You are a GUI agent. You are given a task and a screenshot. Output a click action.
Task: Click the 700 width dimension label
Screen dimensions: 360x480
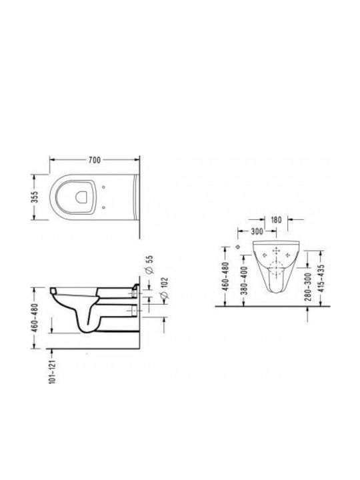[x=95, y=160]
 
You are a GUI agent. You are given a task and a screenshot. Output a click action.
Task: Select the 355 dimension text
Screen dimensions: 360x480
[x=35, y=197]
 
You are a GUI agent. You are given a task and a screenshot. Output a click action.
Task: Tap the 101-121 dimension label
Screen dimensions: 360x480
[x=53, y=371]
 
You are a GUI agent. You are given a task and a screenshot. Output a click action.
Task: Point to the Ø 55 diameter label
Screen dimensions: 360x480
[x=149, y=264]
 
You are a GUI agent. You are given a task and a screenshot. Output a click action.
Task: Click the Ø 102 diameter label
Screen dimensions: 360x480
[x=164, y=288]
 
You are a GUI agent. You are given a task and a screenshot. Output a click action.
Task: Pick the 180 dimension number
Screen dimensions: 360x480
[x=276, y=220]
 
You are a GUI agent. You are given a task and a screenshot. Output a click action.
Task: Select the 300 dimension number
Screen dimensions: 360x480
[x=257, y=231]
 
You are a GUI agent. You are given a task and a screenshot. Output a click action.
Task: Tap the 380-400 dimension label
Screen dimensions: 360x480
[x=244, y=281]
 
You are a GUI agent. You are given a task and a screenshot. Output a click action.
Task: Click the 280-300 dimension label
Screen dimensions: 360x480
[x=308, y=287]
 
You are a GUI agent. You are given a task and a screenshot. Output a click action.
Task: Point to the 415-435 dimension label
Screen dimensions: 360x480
[x=321, y=278]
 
